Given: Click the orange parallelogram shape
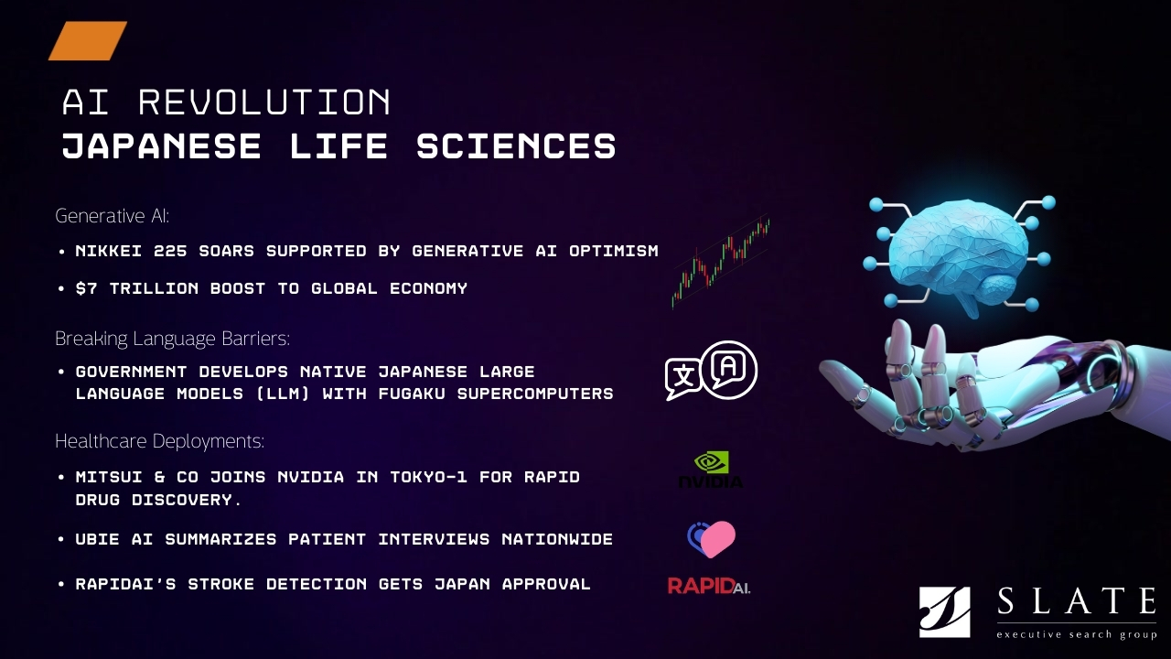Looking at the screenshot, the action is [88, 41].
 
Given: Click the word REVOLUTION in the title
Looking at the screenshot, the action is [264, 102].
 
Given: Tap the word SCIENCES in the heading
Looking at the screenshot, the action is [517, 146].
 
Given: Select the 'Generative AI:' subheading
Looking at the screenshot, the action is [113, 215].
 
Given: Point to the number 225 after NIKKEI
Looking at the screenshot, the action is [170, 251].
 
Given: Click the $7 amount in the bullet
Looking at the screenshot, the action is [87, 288].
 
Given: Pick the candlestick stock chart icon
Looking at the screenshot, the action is [721, 262].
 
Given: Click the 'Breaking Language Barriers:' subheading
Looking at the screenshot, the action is [173, 339].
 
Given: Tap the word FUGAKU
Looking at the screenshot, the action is [412, 394].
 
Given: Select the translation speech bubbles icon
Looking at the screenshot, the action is [711, 371].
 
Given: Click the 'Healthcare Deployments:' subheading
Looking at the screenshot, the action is [159, 441].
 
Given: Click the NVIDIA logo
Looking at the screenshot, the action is [711, 470].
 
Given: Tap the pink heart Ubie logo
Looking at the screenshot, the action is [711, 539].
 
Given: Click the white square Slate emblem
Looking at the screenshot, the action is [945, 612].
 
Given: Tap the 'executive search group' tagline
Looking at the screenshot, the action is [1077, 635].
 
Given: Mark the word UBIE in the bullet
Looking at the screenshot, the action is [98, 539].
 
